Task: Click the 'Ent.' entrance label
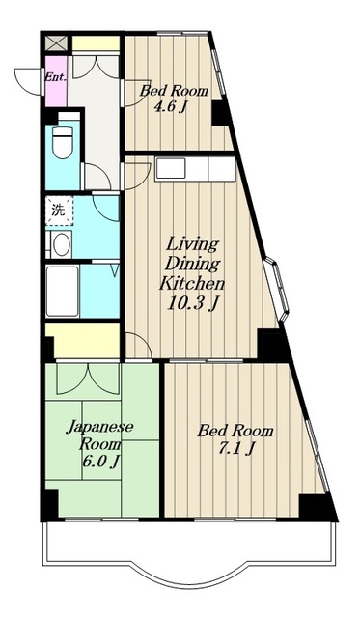[x=53, y=74]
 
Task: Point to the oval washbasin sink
[x=60, y=244]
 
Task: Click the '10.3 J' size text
[x=192, y=305]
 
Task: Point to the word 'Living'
[x=191, y=243]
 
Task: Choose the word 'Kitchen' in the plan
[x=192, y=285]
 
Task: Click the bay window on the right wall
[x=277, y=290]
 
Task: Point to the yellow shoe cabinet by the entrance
[x=95, y=43]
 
